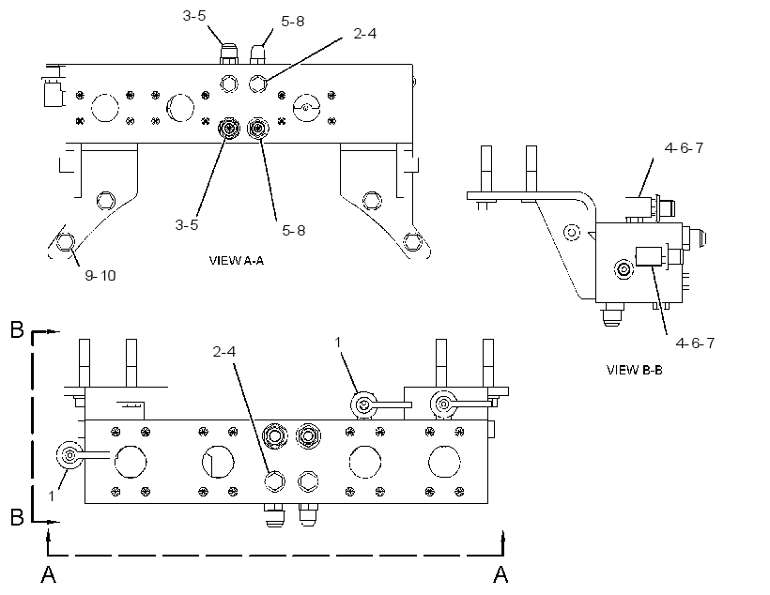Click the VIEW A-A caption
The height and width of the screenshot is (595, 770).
[x=237, y=261]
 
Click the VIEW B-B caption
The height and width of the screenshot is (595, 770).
[x=635, y=370]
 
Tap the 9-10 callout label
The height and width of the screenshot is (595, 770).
[x=100, y=275]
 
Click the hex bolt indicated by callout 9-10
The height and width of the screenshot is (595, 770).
[x=66, y=241]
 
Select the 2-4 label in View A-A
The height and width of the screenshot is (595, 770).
[x=365, y=34]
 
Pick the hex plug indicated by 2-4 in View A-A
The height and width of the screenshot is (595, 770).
[x=257, y=84]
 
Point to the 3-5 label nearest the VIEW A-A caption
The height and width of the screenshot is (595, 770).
[x=187, y=225]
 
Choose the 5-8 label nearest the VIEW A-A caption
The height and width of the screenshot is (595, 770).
[x=293, y=230]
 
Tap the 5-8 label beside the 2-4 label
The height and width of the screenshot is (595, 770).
[x=293, y=21]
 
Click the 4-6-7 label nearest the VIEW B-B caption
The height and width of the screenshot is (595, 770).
[x=695, y=343]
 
